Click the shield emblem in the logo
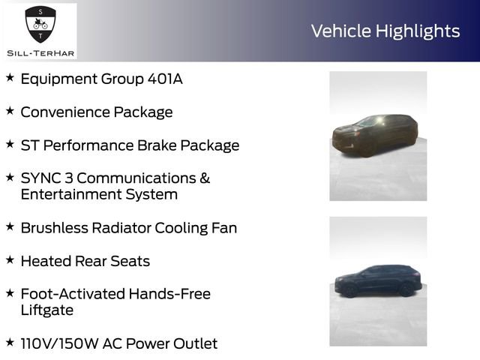pyautogui.click(x=40, y=25)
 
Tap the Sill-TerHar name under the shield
pyautogui.click(x=40, y=53)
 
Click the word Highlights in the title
pyautogui.click(x=418, y=31)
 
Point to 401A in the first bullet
pyautogui.click(x=165, y=79)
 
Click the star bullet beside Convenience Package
pyautogui.click(x=10, y=111)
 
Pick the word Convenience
pyautogui.click(x=65, y=112)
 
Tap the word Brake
pyautogui.click(x=157, y=145)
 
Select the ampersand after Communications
pyautogui.click(x=205, y=178)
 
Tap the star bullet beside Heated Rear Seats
pyautogui.click(x=10, y=260)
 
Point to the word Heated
pyautogui.click(x=46, y=261)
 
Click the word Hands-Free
pyautogui.click(x=169, y=294)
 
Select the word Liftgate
pyautogui.click(x=47, y=310)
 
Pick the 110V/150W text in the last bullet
pyautogui.click(x=59, y=343)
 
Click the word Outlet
pyautogui.click(x=195, y=343)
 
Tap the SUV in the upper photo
pyautogui.click(x=375, y=135)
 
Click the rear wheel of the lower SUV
pyautogui.click(x=406, y=290)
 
